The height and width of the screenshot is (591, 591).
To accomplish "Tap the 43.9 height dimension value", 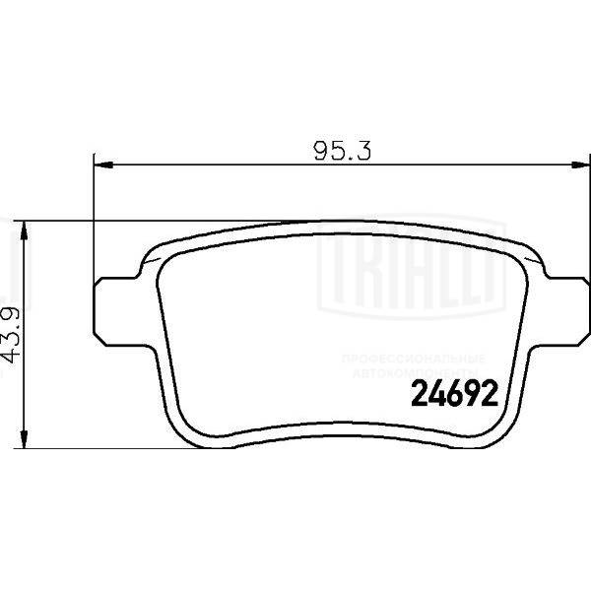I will (13, 335).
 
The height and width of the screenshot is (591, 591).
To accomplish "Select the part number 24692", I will (448, 397).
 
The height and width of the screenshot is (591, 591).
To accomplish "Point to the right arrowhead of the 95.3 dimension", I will (581, 164).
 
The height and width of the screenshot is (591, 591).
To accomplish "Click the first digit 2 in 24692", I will (417, 397).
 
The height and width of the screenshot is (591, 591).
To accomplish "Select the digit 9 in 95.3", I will (321, 151).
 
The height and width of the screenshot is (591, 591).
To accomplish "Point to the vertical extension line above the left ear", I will (94, 217).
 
